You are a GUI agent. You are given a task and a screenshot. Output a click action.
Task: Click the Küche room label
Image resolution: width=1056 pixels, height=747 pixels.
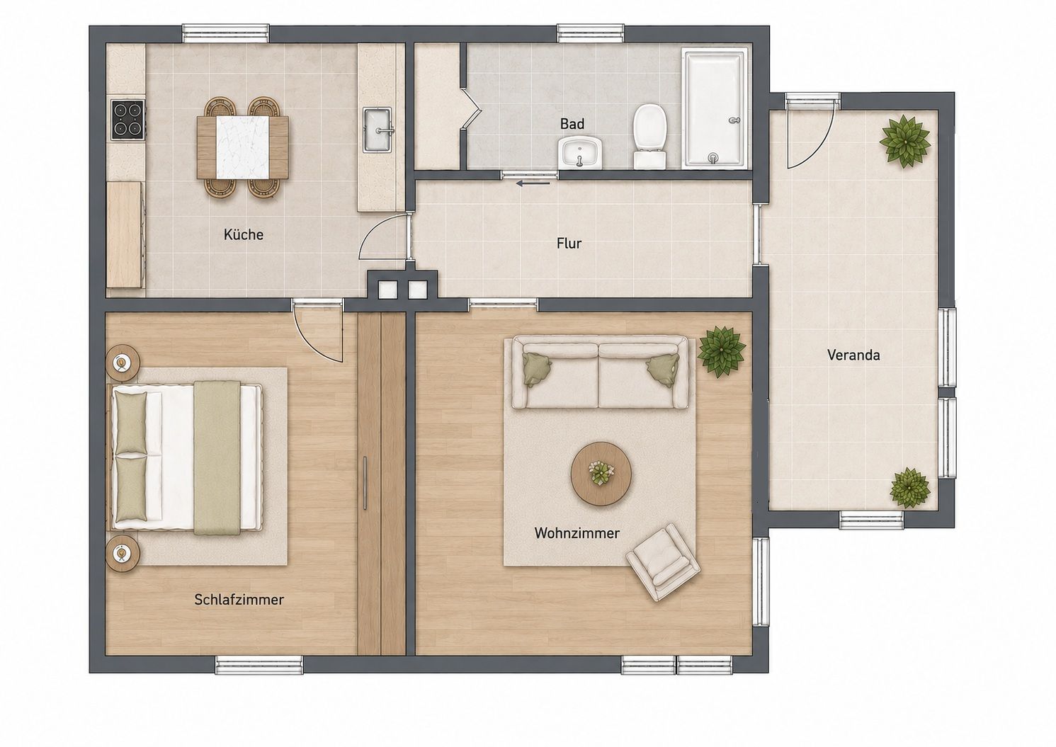coord(243,234)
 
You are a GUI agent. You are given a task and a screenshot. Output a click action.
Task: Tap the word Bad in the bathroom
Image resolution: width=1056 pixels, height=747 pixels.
coord(572,123)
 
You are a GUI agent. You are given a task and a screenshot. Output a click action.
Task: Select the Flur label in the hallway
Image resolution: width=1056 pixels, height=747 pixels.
coord(569,243)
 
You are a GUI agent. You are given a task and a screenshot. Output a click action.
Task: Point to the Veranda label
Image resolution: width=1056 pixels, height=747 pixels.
coord(853,355)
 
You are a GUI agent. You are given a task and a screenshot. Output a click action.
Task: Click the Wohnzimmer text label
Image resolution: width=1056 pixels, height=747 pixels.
coord(577,533)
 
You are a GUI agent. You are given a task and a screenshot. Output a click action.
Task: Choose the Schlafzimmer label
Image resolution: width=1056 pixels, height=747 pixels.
coord(239,600)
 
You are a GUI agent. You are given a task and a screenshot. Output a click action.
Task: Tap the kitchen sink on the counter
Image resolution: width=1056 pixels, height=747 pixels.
coord(377,130)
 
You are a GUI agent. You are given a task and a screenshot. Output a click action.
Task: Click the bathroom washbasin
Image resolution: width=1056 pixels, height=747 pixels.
coord(581,152)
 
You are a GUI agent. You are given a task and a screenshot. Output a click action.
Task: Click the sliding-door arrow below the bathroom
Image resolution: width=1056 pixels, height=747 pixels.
coord(533,183)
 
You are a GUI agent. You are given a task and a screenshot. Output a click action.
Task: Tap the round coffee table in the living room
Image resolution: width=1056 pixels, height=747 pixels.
coord(601,473)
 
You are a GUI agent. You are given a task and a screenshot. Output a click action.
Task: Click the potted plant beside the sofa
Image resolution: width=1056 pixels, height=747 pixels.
coord(721,352)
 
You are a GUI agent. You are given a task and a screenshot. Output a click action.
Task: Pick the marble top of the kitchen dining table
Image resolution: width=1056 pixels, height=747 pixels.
coord(242,147)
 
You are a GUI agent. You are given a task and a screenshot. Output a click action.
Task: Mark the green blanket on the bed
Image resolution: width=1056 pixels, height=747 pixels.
coord(217,458)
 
